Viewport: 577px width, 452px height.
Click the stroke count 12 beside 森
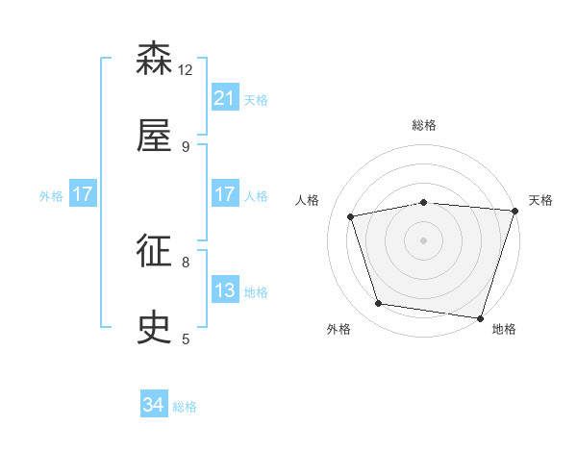(x=186, y=69)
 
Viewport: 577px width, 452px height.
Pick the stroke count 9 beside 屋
(x=186, y=146)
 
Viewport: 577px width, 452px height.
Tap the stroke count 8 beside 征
(x=186, y=262)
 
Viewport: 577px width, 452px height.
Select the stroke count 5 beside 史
(x=186, y=339)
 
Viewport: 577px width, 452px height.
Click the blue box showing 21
(x=225, y=98)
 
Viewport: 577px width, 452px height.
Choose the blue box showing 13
(x=225, y=290)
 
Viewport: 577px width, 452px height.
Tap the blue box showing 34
(x=154, y=406)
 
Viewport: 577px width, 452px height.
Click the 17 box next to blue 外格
(x=83, y=194)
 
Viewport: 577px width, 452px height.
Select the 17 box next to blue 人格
(x=225, y=194)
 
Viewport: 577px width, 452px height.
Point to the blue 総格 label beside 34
(x=185, y=407)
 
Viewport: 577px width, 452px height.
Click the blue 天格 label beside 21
(x=256, y=99)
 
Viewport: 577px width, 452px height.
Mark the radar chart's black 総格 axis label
(x=424, y=125)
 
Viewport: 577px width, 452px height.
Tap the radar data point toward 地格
(x=480, y=317)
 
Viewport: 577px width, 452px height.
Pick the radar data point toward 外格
(x=379, y=304)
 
